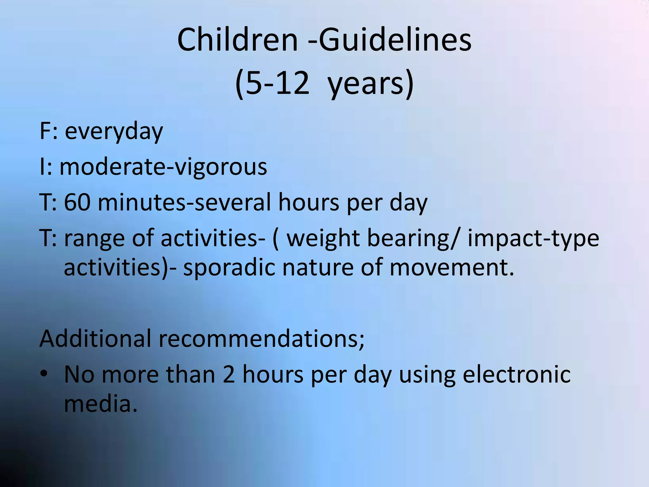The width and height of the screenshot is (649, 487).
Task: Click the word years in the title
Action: coord(366,83)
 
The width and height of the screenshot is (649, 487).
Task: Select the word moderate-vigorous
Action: coord(163,167)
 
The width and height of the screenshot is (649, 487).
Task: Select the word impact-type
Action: coord(533,238)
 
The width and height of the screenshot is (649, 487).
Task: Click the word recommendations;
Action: coord(261,338)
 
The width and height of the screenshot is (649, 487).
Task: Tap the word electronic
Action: coord(517,374)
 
